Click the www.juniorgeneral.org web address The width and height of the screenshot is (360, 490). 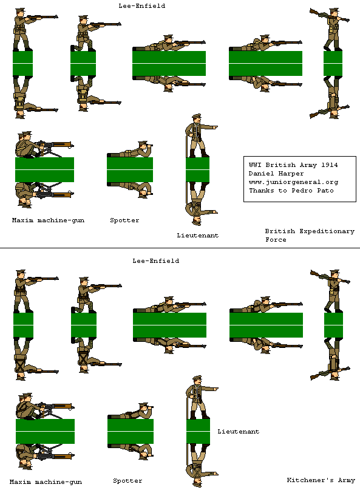pos(293,182)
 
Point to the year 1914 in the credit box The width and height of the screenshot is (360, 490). pos(328,165)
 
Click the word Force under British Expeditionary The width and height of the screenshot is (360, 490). pos(276,240)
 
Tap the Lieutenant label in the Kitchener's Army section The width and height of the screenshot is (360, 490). pos(238,432)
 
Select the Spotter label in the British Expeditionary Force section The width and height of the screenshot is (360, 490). pos(124,220)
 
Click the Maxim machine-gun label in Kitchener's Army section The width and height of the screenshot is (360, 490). pos(47,481)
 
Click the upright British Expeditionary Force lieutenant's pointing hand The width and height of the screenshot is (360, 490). pos(214,127)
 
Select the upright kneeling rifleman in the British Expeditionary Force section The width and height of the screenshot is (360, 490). pos(85,33)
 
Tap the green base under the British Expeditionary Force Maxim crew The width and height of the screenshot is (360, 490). pos(44,169)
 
